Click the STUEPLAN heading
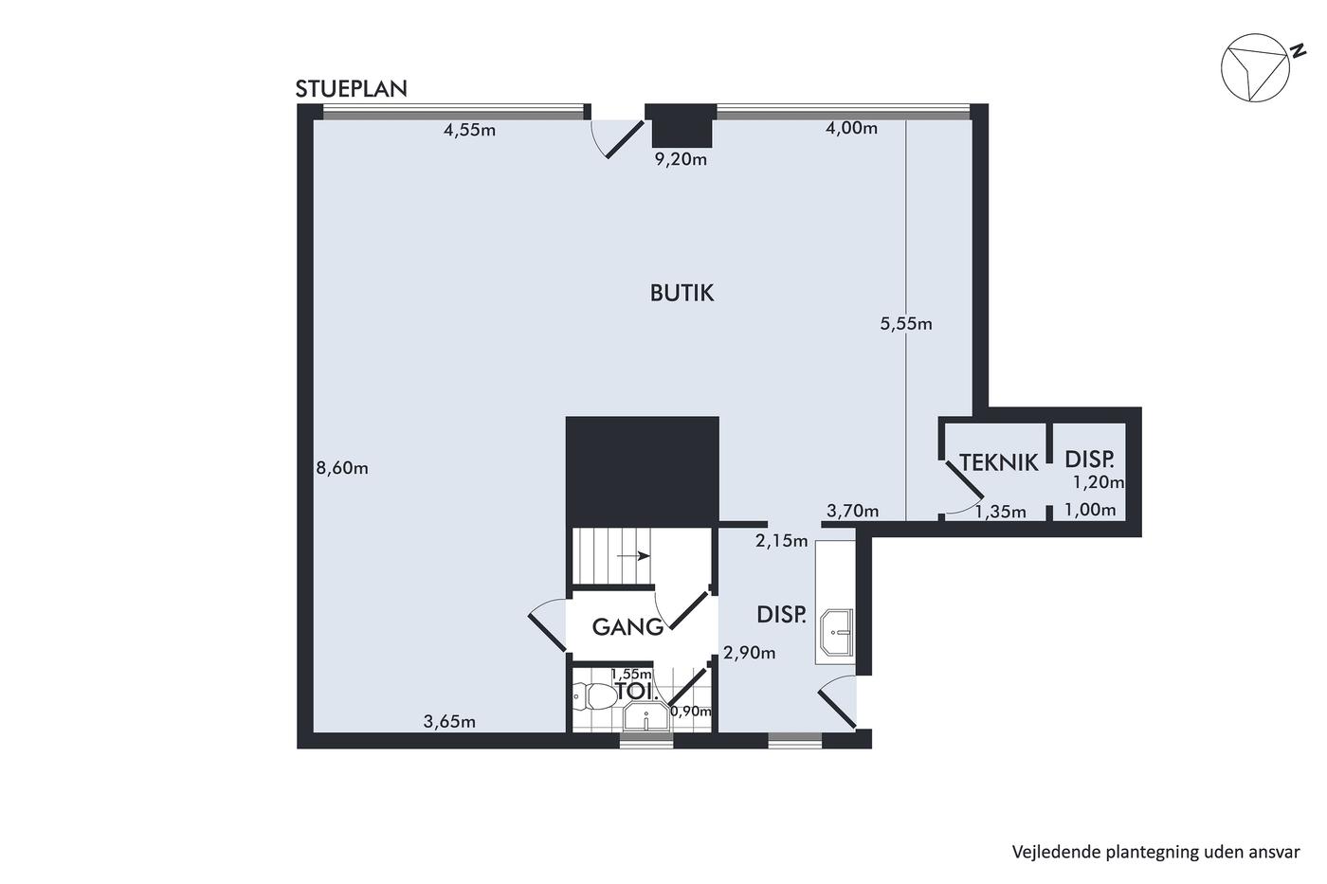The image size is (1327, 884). click(352, 89)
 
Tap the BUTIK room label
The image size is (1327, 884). click(682, 293)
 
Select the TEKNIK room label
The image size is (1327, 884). click(999, 462)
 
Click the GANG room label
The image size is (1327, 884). click(627, 626)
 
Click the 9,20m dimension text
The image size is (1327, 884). click(681, 159)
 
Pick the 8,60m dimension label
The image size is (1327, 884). click(342, 468)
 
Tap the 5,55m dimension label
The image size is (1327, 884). click(906, 324)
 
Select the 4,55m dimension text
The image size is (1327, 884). click(469, 130)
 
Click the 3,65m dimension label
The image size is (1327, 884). click(449, 722)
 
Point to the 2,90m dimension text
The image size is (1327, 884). click(750, 653)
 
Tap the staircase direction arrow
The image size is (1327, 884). click(633, 556)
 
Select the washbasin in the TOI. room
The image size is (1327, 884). click(645, 717)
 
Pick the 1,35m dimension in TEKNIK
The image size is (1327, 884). click(1001, 511)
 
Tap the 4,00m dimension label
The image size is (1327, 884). click(851, 128)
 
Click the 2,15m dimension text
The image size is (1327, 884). click(781, 541)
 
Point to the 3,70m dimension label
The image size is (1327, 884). click(852, 511)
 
